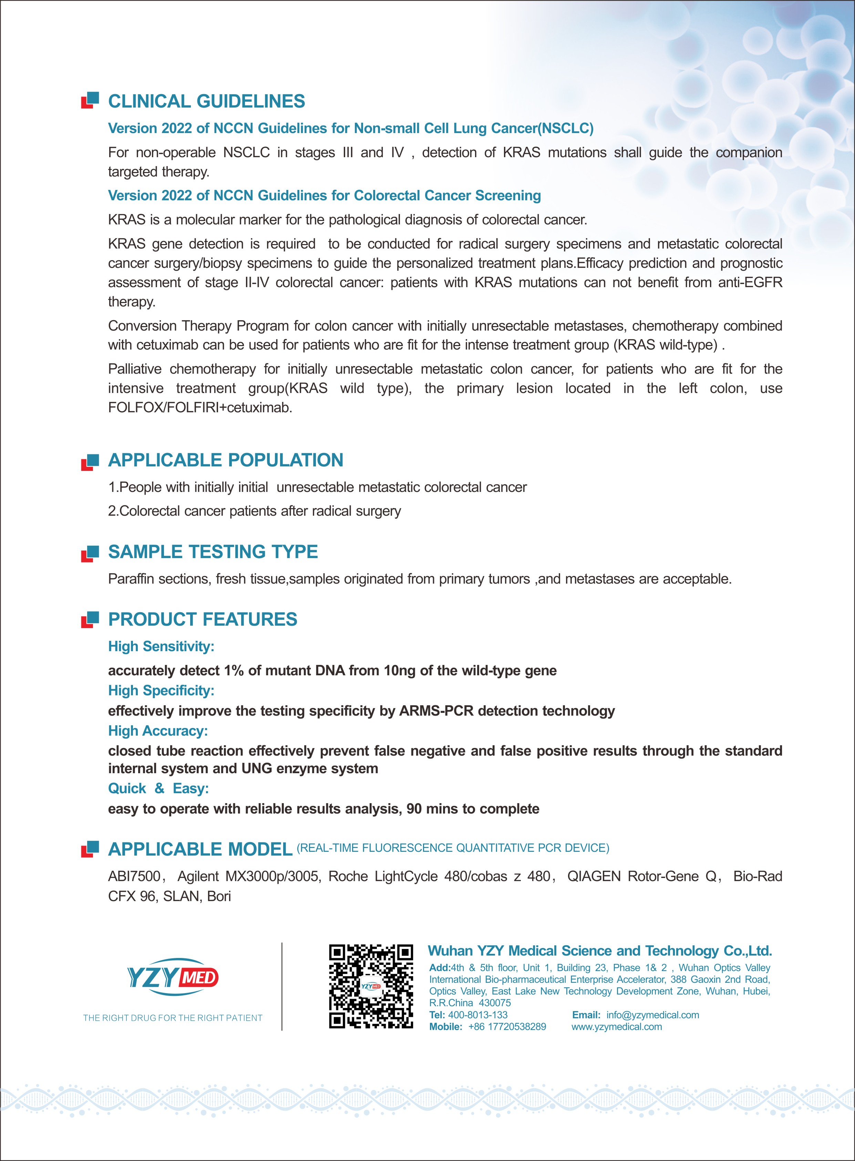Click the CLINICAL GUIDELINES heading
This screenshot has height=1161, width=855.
click(206, 101)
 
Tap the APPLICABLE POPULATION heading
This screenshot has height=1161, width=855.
click(226, 460)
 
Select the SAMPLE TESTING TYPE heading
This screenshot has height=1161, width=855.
click(213, 552)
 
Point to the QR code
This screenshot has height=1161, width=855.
click(371, 987)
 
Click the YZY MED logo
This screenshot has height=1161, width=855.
click(173, 977)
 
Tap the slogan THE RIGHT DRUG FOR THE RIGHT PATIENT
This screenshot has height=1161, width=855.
click(173, 1018)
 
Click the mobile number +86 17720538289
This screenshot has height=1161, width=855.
click(507, 1027)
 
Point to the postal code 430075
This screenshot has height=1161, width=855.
click(494, 1003)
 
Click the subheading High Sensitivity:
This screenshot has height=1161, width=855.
click(161, 647)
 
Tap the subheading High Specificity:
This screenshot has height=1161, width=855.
click(161, 691)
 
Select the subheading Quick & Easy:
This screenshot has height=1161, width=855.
click(158, 789)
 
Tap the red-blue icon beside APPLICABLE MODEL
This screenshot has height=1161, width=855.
click(90, 849)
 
